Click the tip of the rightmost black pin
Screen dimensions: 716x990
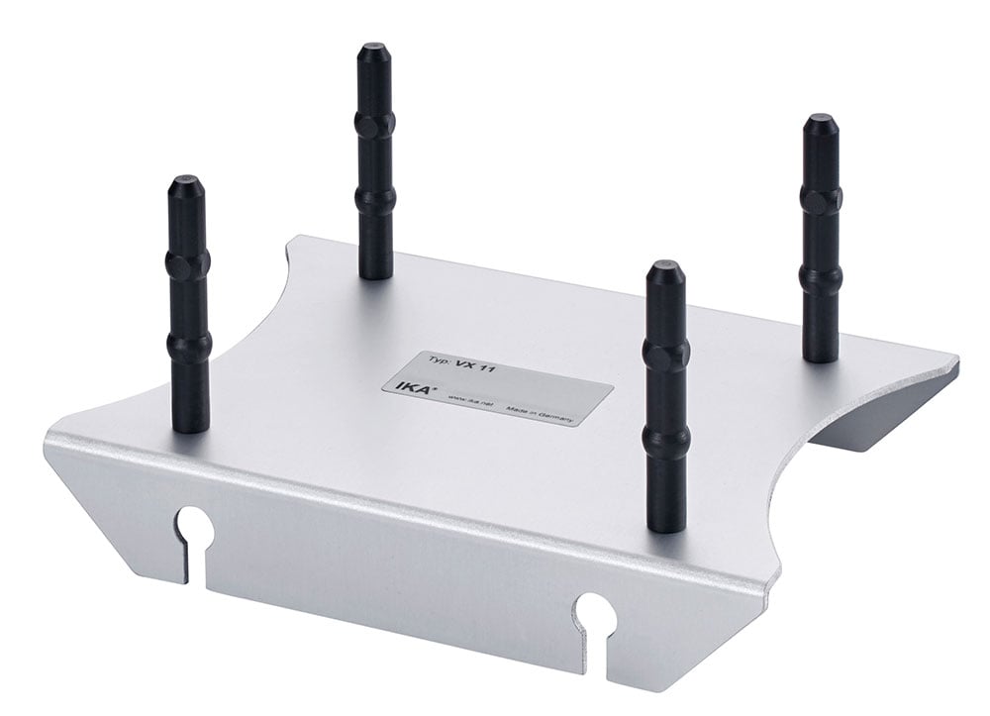click(x=821, y=123)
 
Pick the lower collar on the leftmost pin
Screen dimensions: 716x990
click(x=188, y=344)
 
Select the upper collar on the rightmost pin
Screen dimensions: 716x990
click(x=822, y=201)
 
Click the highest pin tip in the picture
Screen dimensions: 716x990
click(x=373, y=50)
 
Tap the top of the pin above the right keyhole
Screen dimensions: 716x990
click(x=663, y=268)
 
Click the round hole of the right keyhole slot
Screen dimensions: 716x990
click(x=597, y=611)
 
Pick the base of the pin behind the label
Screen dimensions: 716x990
click(x=376, y=267)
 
